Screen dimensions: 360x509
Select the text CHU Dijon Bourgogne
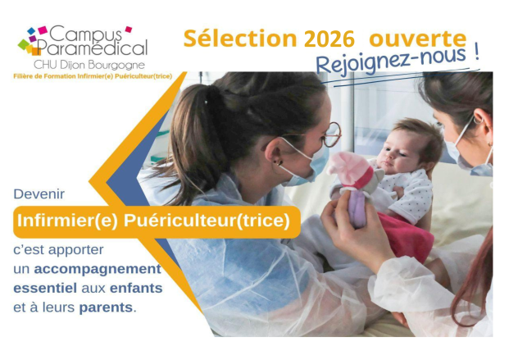89,64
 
